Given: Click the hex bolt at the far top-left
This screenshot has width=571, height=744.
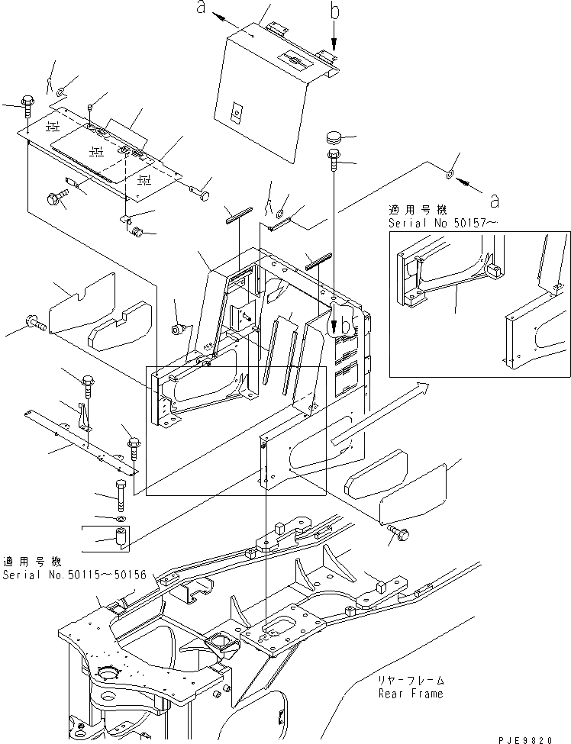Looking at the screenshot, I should tap(27, 101).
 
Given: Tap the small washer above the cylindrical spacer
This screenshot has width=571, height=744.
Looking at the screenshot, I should tap(121, 519).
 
